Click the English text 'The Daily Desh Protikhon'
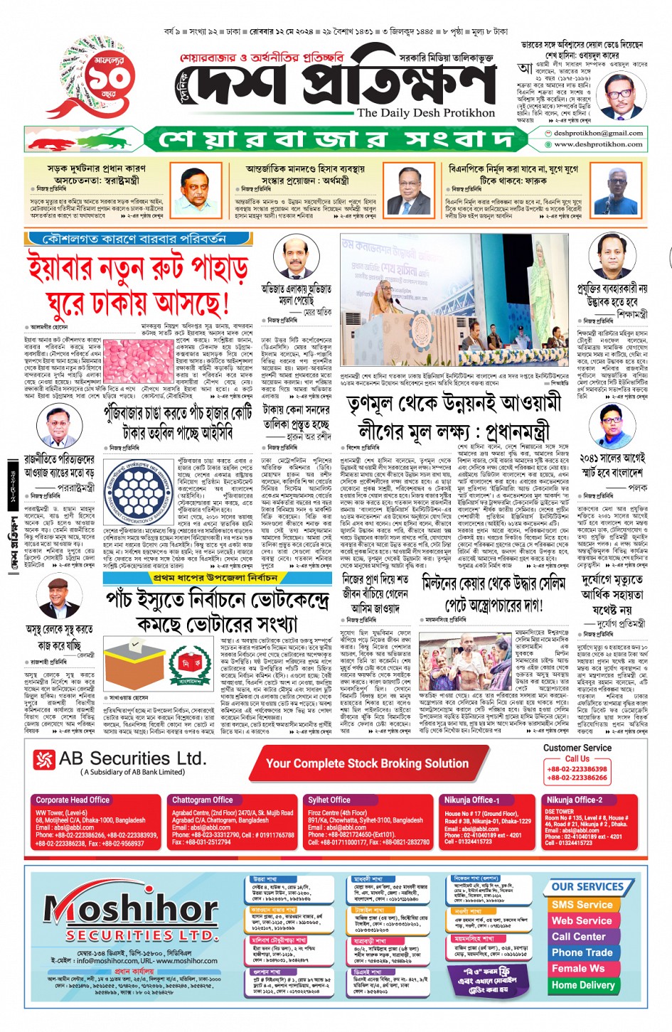(425, 112)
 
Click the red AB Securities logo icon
(44, 760)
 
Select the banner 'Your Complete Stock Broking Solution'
(367, 763)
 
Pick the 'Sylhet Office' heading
(329, 800)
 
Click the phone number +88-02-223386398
(577, 769)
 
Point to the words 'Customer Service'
(577, 748)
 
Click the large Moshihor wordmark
(132, 907)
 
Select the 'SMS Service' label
(582, 905)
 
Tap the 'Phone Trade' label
(582, 952)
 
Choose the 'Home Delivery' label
(582, 985)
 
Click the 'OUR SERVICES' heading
(587, 887)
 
